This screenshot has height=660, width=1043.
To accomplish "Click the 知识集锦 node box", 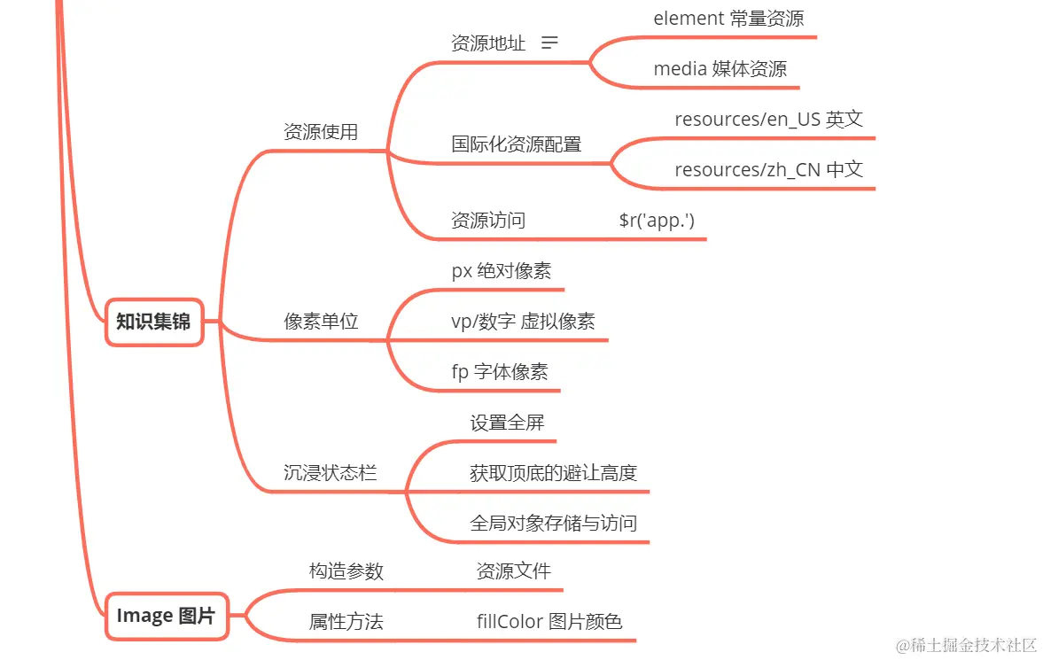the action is [154, 322].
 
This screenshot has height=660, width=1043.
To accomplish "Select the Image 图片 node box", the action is [167, 616].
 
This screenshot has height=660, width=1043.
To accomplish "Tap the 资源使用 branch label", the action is [321, 132].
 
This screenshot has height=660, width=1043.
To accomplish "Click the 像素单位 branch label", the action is [321, 322].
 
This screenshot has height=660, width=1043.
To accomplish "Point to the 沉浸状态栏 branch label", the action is [330, 473].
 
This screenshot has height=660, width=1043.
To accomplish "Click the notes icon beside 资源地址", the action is [549, 43].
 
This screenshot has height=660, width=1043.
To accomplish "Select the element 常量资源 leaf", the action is [728, 19].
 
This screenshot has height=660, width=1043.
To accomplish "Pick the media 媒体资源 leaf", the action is [720, 68].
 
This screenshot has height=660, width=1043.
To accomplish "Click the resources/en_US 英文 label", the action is [768, 119].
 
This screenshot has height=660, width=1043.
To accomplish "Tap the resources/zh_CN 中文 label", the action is [768, 170].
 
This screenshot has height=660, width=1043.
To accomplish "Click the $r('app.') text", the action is [657, 221].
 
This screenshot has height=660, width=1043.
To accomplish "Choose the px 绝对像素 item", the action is [501, 271].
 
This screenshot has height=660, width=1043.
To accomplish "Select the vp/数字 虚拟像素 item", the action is [523, 322].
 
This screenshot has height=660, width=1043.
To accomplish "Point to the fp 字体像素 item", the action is [500, 372].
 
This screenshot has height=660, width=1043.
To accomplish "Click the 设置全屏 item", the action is [507, 423].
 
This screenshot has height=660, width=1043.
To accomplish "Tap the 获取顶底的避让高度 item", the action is [554, 473].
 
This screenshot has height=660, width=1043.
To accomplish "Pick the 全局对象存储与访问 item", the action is [554, 524].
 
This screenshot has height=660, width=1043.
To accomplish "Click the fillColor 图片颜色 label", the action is [549, 621].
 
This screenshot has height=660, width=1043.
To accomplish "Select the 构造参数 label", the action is [346, 571].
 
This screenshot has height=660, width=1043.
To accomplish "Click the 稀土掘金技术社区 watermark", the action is [972, 645].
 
